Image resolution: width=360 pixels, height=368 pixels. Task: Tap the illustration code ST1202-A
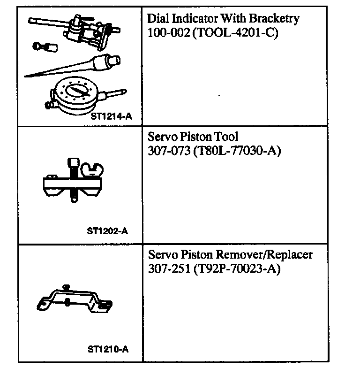108,231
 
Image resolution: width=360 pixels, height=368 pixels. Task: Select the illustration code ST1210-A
108,350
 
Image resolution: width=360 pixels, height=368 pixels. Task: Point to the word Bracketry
276,19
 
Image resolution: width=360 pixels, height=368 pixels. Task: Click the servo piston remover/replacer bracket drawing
74,300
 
